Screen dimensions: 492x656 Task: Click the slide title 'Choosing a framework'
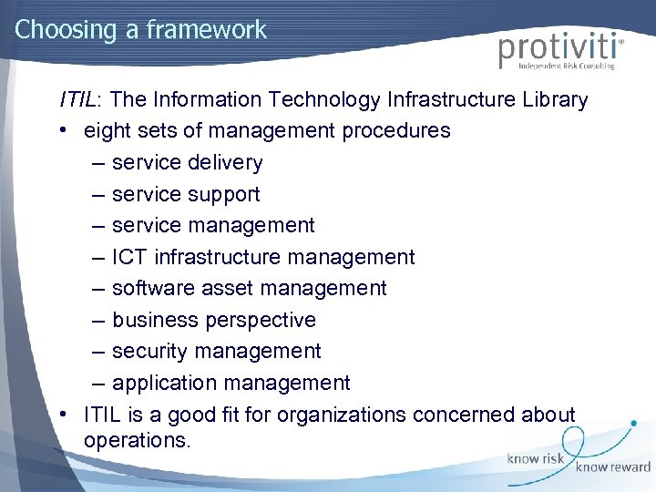pyautogui.click(x=140, y=29)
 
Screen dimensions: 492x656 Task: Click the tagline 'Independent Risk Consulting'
pyautogui.click(x=566, y=67)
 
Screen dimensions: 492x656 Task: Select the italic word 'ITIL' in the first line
pyautogui.click(x=78, y=99)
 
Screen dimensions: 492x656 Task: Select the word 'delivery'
pyautogui.click(x=226, y=162)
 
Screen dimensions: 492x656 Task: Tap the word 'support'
pyautogui.click(x=224, y=194)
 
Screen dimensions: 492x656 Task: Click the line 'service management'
pyautogui.click(x=213, y=225)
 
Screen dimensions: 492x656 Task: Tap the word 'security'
pyautogui.click(x=149, y=351)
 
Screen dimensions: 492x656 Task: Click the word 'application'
pyautogui.click(x=162, y=383)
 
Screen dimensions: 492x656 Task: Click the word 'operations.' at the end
pyautogui.click(x=138, y=440)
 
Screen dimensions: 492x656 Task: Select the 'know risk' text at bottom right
pyautogui.click(x=536, y=458)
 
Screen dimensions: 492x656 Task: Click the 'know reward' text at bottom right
pyautogui.click(x=612, y=466)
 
